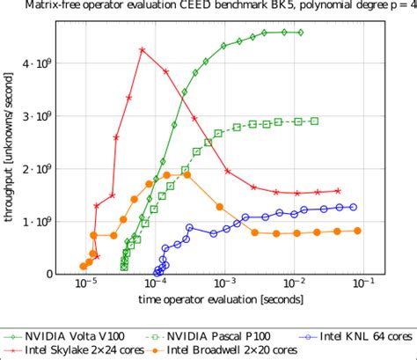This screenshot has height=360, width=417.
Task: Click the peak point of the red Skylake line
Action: pos(142,49)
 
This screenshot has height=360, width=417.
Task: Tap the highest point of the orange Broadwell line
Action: pos(187,175)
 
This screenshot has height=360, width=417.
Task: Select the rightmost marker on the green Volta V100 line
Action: pos(301,33)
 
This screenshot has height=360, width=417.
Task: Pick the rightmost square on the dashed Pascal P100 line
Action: pos(315,121)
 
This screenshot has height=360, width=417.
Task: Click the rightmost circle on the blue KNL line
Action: pos(354,207)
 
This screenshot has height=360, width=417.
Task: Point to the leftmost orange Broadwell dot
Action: pos(84,266)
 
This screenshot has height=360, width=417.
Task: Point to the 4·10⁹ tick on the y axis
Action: pos(39,63)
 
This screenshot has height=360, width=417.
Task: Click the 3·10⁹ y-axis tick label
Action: pos(39,116)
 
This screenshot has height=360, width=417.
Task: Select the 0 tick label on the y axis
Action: pos(48,274)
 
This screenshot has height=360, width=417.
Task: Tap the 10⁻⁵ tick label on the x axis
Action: pos(86,284)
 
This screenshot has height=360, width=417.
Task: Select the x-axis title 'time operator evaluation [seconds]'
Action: pos(219,302)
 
